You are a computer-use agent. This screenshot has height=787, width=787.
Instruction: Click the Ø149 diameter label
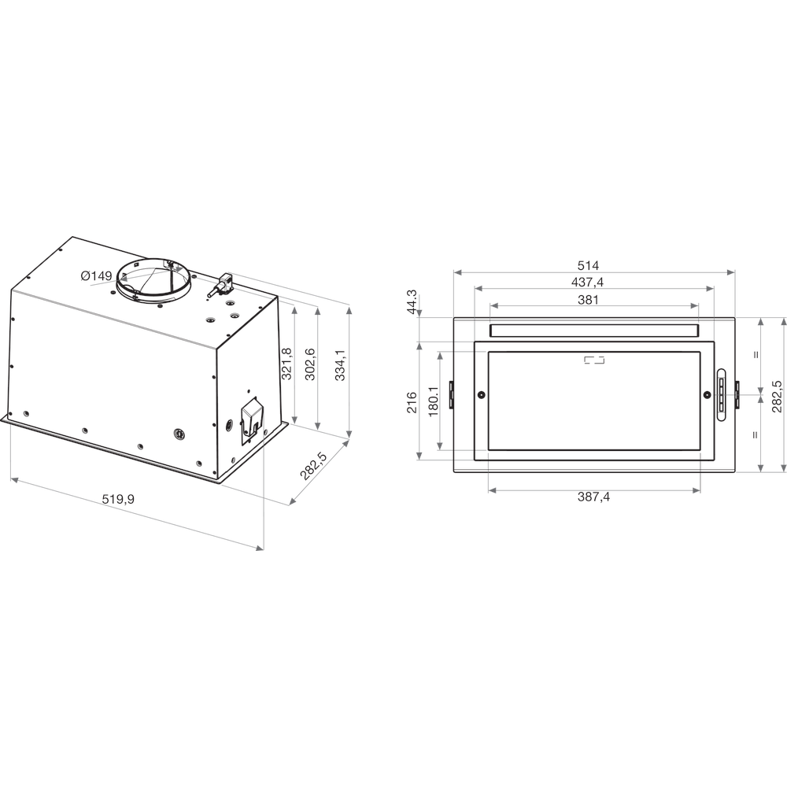click(x=97, y=275)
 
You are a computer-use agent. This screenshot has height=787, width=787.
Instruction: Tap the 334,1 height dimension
click(x=340, y=365)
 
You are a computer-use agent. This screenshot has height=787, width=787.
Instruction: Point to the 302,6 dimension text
click(x=311, y=364)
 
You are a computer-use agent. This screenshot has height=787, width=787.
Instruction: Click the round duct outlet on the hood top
click(x=154, y=279)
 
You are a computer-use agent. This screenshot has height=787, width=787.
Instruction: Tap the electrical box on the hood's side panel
click(x=252, y=416)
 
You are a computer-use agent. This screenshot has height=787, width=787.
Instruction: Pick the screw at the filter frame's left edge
click(x=482, y=394)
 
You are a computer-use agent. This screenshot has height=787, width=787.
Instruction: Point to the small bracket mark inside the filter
click(x=594, y=360)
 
